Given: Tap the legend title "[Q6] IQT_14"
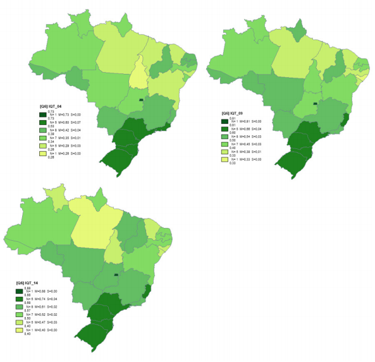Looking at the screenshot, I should (31, 282).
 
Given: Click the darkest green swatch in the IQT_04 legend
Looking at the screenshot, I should (42, 114).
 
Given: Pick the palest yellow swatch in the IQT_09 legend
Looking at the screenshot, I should (224, 160).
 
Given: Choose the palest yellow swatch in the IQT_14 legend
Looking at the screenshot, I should (20, 329).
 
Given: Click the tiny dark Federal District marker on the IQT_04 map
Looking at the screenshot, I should (142, 99).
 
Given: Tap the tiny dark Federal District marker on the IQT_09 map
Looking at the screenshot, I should (315, 102).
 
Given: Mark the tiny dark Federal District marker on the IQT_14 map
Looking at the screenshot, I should (116, 275).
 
